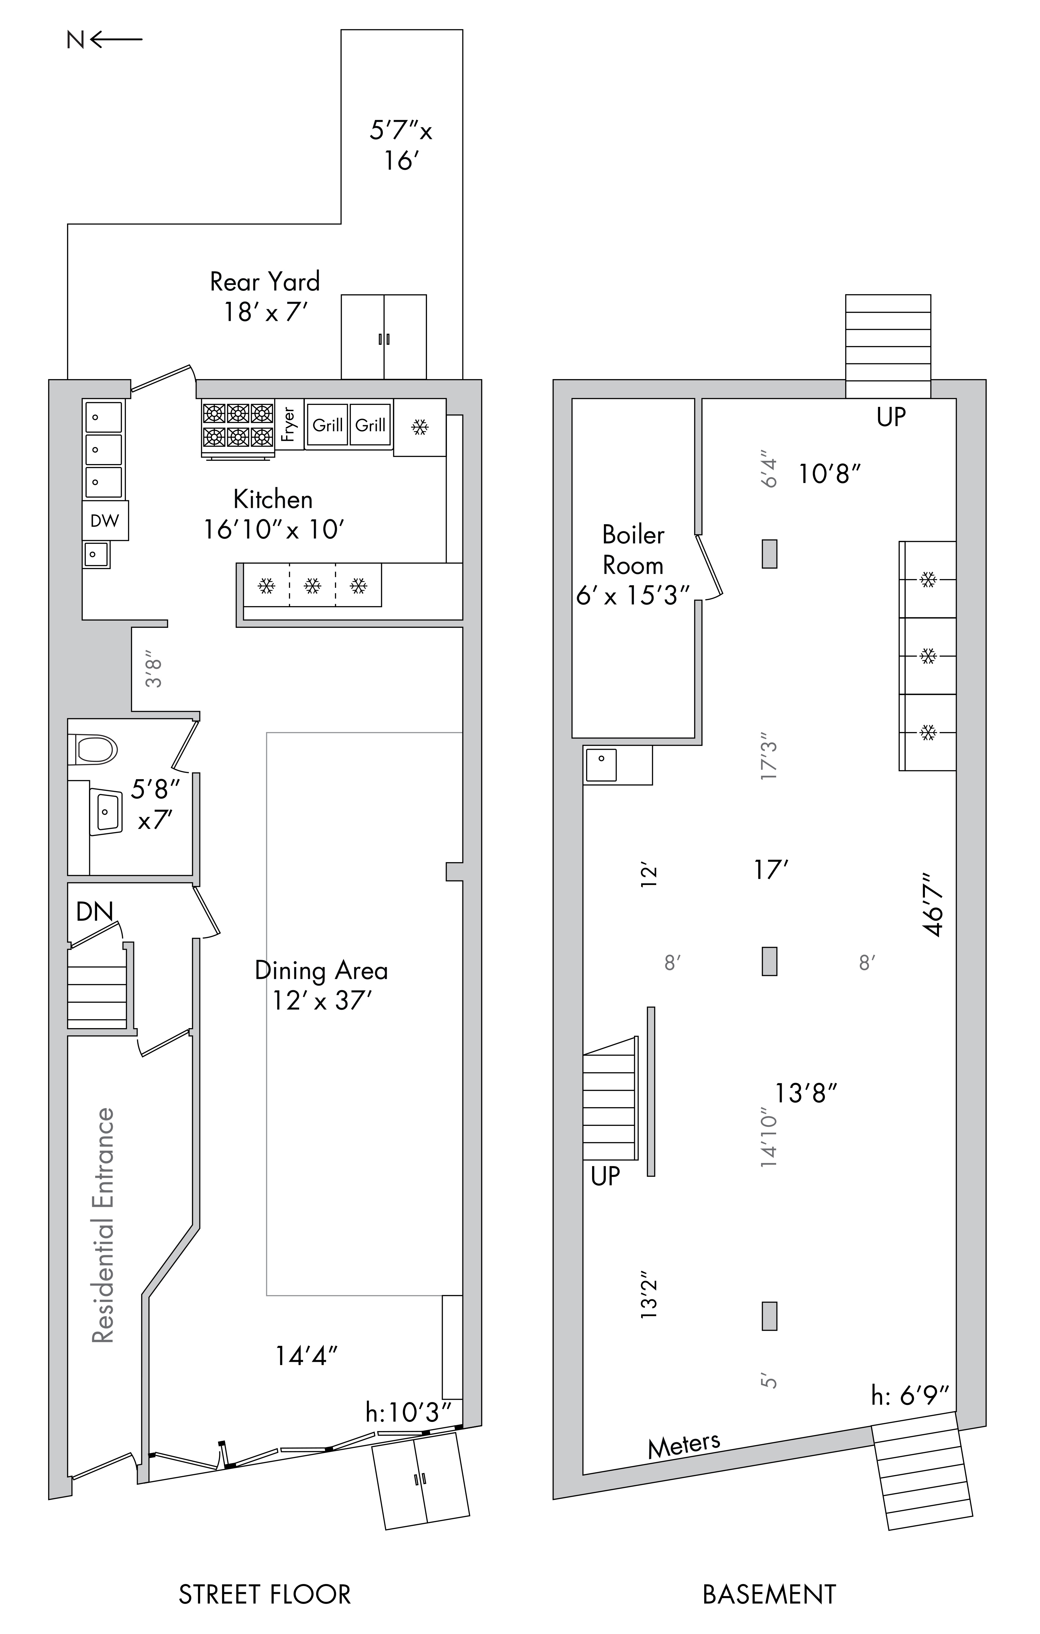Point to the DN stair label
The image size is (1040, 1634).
(x=94, y=911)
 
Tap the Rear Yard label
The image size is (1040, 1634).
(x=265, y=282)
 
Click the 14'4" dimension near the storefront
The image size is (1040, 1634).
(x=306, y=1355)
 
